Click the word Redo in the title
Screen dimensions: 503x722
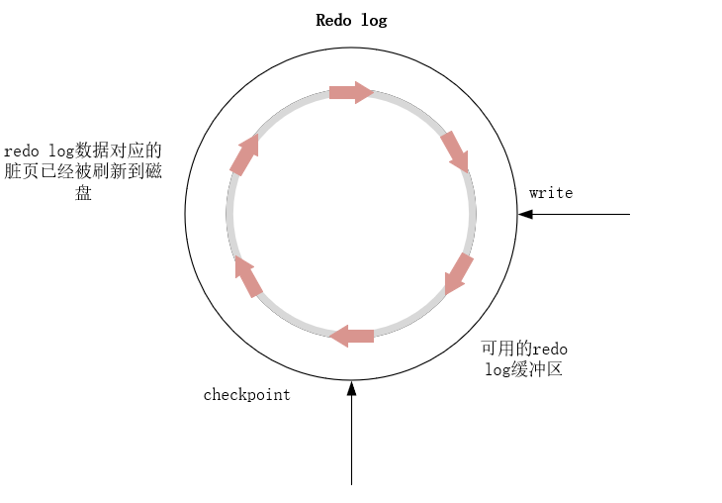click(332, 20)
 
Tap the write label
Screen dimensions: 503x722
click(551, 193)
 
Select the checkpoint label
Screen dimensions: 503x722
click(247, 395)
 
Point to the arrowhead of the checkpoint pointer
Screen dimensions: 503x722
click(351, 387)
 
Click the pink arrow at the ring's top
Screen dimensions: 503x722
click(351, 93)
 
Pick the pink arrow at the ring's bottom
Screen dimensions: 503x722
click(352, 336)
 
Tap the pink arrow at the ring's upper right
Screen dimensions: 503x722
click(454, 151)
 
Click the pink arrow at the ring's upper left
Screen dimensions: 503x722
click(244, 154)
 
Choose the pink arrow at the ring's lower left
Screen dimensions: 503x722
click(247, 276)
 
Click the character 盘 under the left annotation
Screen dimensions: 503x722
click(84, 193)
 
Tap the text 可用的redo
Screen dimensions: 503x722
click(524, 350)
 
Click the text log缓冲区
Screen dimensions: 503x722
click(524, 370)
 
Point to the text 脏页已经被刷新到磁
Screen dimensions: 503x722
click(84, 172)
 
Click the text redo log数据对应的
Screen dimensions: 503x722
click(83, 151)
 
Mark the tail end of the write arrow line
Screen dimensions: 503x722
click(628, 214)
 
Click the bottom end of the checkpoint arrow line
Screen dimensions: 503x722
click(351, 483)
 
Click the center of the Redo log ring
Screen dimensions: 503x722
click(351, 214)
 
